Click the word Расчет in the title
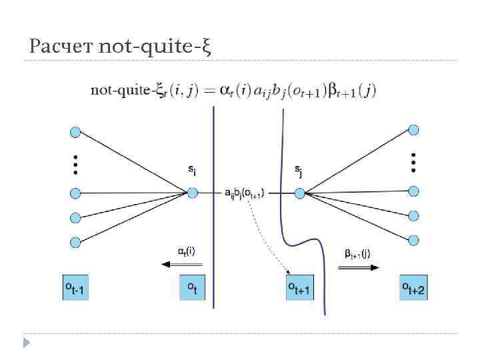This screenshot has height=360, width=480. (62, 47)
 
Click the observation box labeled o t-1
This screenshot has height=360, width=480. (75, 287)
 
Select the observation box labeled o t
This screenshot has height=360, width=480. (192, 287)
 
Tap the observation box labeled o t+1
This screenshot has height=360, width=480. (300, 287)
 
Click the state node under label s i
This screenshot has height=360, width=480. (193, 193)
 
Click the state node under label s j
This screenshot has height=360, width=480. (299, 193)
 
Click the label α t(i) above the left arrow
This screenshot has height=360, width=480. (186, 251)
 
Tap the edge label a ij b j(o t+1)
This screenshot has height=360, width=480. (245, 193)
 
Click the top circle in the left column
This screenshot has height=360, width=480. (75, 132)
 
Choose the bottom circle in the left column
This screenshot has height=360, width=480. (75, 241)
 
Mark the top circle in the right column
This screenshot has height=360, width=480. (414, 129)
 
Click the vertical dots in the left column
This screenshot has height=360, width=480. (75, 164)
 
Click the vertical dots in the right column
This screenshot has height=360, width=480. (414, 161)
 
